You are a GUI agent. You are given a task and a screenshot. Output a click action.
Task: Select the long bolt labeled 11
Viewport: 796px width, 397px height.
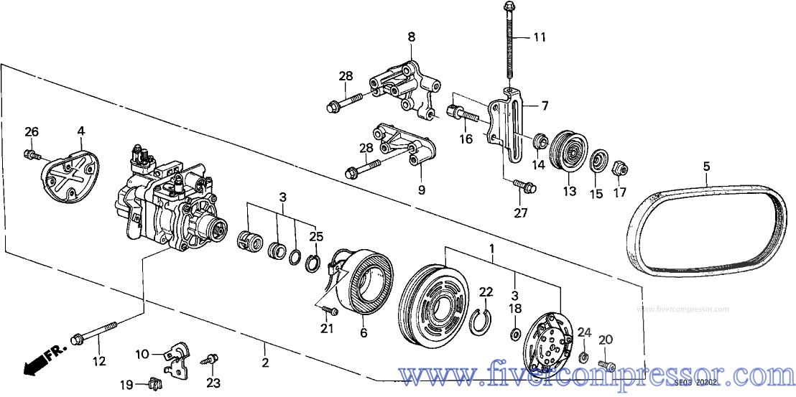[509, 43]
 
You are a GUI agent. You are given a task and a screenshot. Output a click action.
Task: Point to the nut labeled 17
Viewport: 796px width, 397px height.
[619, 170]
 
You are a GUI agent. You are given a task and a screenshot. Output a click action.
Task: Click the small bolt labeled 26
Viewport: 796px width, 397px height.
[31, 153]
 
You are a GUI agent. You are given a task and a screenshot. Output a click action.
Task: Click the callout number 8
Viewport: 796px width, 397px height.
[411, 36]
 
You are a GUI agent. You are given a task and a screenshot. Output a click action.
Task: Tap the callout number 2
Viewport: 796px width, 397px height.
[264, 363]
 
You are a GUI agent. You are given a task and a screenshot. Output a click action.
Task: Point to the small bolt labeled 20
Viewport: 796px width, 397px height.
[607, 367]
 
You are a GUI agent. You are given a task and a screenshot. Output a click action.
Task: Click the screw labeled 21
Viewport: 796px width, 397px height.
[329, 311]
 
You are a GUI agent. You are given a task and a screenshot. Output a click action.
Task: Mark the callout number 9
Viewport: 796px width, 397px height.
[422, 190]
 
